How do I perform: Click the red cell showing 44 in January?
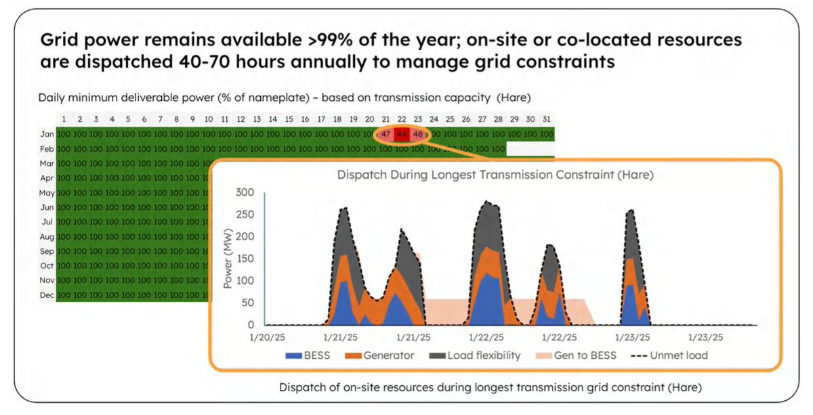point(402,134)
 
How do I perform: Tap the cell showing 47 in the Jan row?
point(385,134)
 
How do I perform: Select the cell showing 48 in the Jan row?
point(418,134)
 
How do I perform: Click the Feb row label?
point(46,148)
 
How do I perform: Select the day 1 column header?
point(64,120)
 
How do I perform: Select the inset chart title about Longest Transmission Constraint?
point(495,175)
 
